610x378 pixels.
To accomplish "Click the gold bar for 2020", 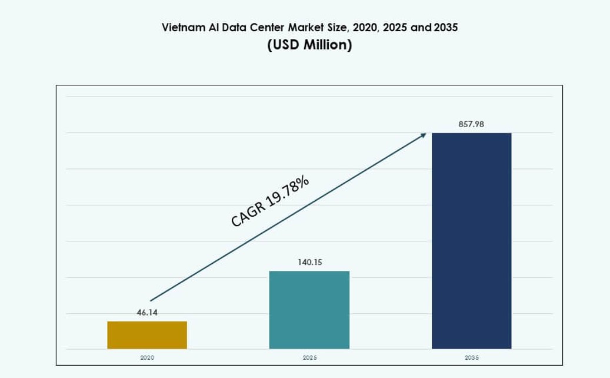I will (147, 335).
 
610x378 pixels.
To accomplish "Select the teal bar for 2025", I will (309, 310).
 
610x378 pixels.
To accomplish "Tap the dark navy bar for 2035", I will (471, 241).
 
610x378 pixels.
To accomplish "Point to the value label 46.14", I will (147, 313).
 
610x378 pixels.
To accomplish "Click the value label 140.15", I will (309, 262).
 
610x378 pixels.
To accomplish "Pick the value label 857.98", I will (471, 124).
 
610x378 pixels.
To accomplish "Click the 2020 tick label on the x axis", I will (147, 357).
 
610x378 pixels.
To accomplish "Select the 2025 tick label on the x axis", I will (309, 357).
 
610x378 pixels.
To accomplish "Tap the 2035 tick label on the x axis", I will (471, 357).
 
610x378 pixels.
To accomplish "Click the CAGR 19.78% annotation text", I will (270, 201).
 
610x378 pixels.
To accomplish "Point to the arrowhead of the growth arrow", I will (424, 135).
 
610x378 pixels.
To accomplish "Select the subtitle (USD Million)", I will (309, 45).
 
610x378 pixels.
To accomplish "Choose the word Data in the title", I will (236, 28).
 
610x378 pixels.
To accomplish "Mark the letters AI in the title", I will (214, 28).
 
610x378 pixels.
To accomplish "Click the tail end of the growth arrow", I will (151, 300).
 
